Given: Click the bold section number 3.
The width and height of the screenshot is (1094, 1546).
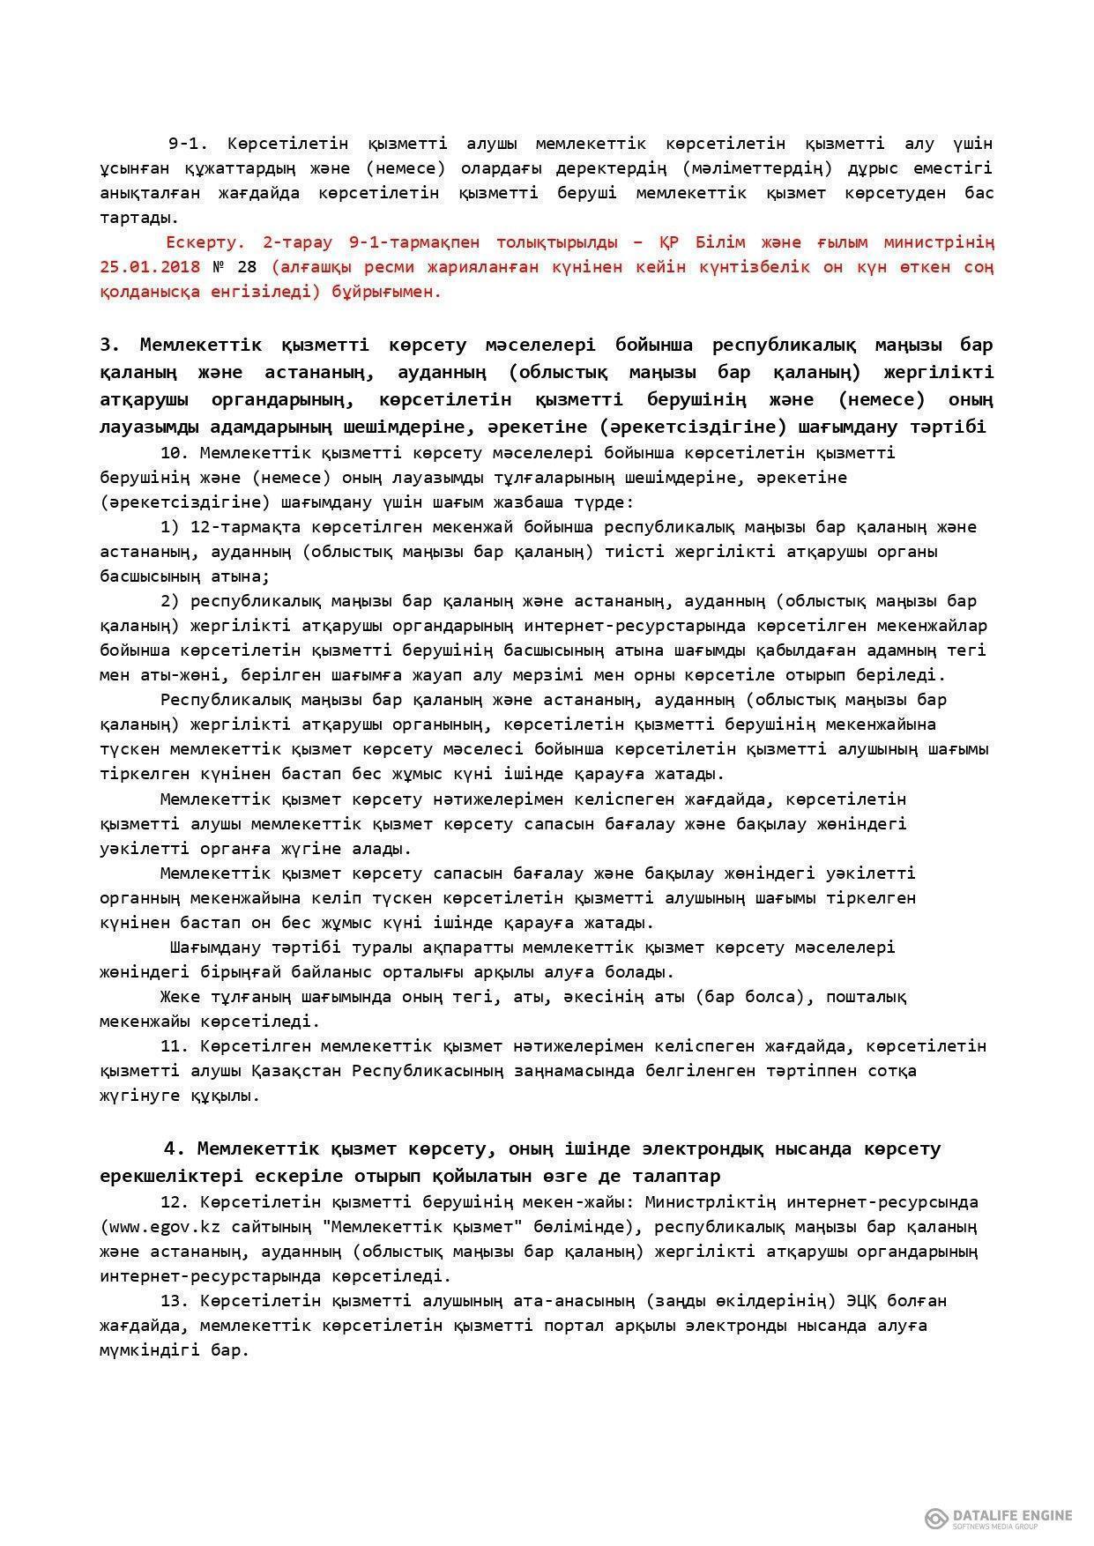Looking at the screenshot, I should coord(109,345).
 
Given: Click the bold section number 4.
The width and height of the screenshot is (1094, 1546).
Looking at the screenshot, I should coord(175,1148).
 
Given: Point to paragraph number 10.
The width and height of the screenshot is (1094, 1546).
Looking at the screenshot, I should coord(175,453).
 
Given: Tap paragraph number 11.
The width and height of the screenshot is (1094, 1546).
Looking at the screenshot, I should coord(175,1046).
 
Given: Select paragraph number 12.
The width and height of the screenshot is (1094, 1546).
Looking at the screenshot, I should coord(175,1201).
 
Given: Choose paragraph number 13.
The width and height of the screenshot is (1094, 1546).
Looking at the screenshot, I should coord(175,1300).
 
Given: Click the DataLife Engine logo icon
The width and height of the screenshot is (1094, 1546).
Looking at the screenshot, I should coord(935,1518).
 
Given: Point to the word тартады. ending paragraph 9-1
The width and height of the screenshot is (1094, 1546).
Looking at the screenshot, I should coord(138,217).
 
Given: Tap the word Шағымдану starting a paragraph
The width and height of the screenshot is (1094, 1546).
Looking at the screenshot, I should coord(212,948).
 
